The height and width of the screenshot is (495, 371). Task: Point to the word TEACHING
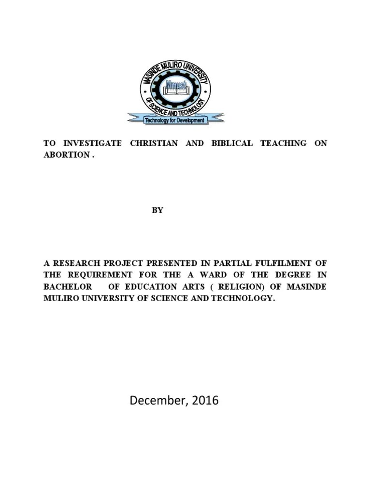(x=284, y=143)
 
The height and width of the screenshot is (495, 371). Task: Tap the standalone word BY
(x=157, y=210)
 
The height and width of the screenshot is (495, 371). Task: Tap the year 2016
(x=205, y=400)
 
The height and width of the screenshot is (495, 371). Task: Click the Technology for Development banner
(x=175, y=120)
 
